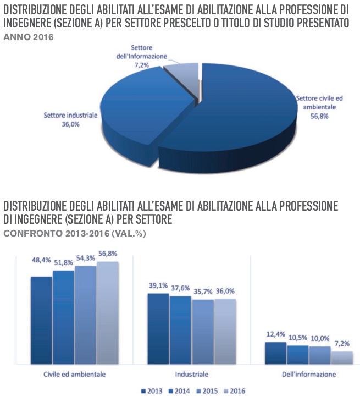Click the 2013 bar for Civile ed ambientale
[41, 320]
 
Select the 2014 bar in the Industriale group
[180, 329]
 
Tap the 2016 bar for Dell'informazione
[342, 358]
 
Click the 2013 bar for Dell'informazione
[275, 353]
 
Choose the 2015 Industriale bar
[202, 331]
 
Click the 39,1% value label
[158, 285]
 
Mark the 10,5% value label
[297, 337]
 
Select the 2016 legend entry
[233, 392]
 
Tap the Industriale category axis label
[191, 374]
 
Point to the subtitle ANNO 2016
[29, 37]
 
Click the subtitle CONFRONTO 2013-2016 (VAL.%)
[75, 233]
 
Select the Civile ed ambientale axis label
[74, 374]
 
